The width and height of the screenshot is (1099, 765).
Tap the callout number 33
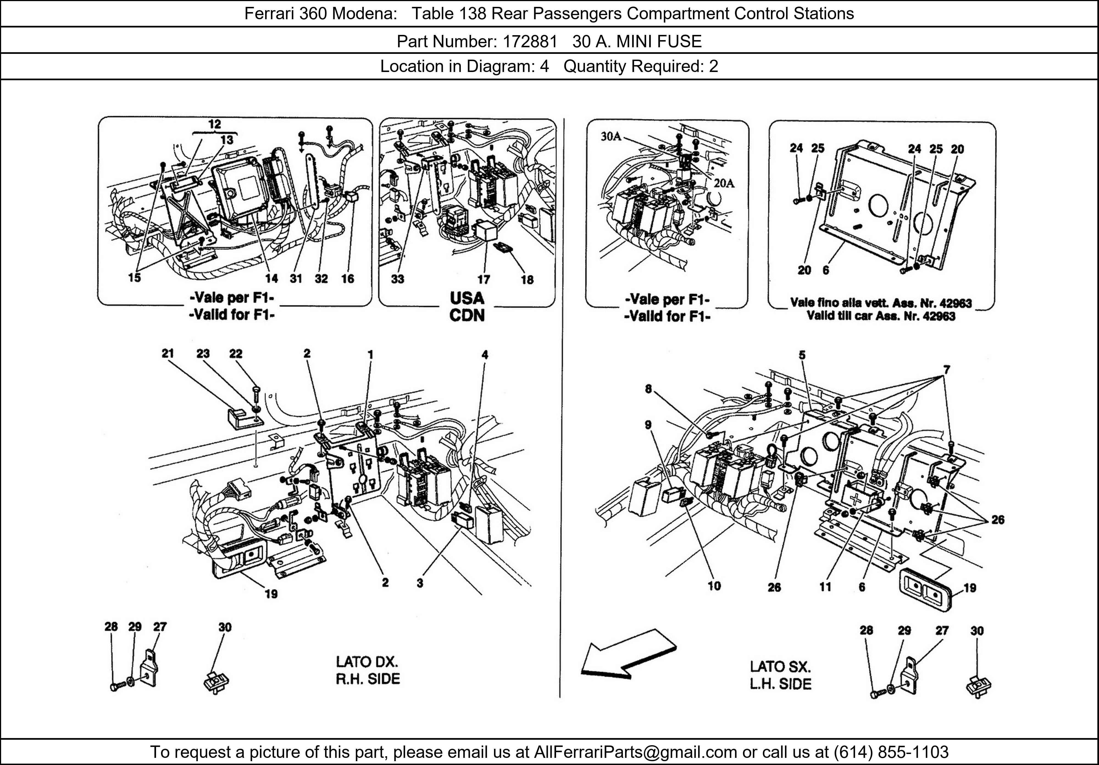[x=397, y=279]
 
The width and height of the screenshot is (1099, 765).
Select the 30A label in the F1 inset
[x=611, y=137]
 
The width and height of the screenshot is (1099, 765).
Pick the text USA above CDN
[x=467, y=298]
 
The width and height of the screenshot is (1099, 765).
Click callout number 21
[x=168, y=353]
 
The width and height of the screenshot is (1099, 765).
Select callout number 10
[x=714, y=586]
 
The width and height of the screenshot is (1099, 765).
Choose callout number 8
[x=648, y=389]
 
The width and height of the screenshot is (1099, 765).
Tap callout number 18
[x=527, y=279]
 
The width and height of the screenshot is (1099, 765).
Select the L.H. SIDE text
[x=781, y=684]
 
